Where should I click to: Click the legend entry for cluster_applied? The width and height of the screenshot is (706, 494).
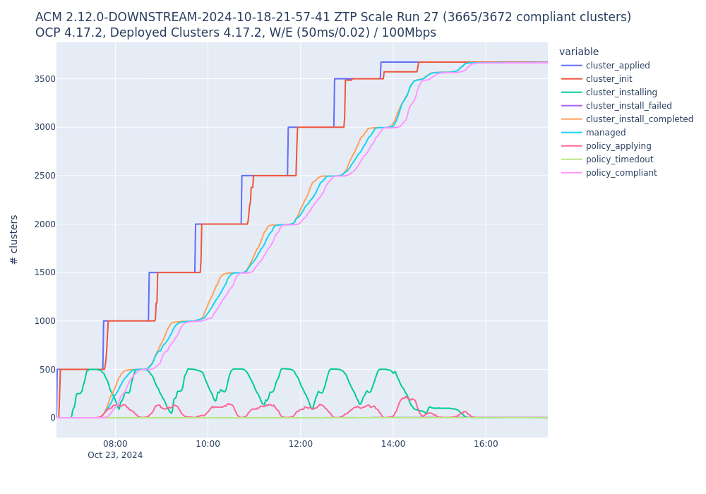tap(618, 66)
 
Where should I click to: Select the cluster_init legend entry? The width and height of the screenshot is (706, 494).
tap(609, 79)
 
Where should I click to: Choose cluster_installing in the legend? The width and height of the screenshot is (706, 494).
tap(621, 92)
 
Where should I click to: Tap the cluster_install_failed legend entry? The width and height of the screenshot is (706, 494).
tap(628, 106)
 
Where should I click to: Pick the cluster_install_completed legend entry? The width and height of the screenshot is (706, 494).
tap(639, 119)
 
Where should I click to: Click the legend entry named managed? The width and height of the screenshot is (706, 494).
tap(606, 133)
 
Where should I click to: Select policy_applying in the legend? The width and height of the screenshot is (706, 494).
tap(618, 146)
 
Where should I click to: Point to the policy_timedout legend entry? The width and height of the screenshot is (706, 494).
tap(619, 159)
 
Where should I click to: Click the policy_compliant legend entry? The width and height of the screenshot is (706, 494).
tap(621, 173)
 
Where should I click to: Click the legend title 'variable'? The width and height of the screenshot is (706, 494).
tap(578, 52)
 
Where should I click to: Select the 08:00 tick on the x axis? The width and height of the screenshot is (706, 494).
tap(115, 444)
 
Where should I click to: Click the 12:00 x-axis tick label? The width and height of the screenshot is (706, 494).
tap(300, 444)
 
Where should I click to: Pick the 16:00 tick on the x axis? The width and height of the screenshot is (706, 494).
tap(486, 444)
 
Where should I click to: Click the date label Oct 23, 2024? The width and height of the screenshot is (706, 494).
tap(115, 455)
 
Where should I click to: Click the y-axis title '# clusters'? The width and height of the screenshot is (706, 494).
tap(14, 239)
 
